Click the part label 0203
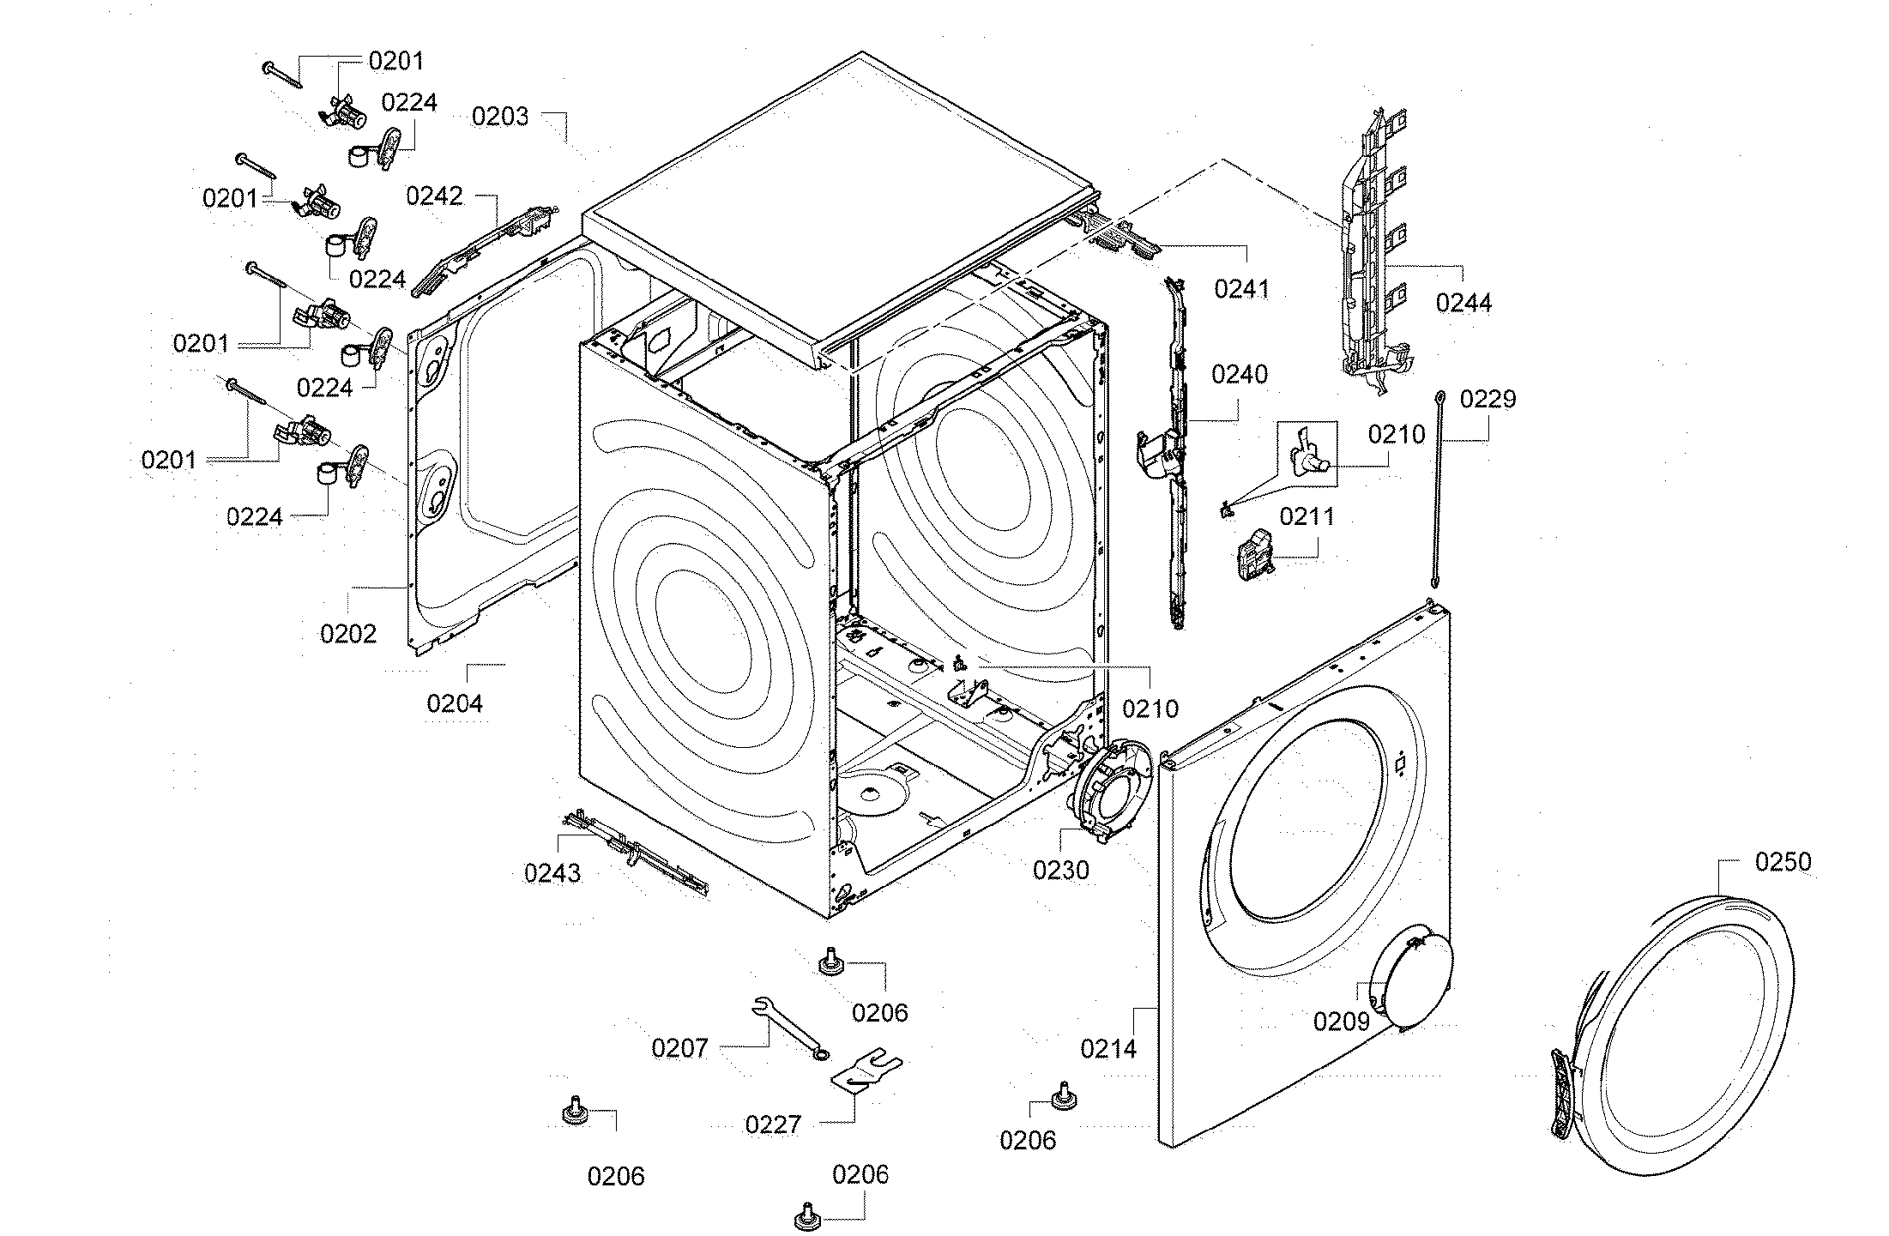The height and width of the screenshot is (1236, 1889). tap(500, 117)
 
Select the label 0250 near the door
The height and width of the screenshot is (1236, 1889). tap(1783, 862)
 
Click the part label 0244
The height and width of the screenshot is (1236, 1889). tap(1464, 303)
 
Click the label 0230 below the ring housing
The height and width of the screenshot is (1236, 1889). tap(1060, 871)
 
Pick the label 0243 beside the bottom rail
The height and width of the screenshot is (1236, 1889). tap(552, 874)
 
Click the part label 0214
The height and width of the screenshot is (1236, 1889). tap(1108, 1048)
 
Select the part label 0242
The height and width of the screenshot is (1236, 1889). tap(434, 196)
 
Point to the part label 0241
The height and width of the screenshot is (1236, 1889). tap(1241, 289)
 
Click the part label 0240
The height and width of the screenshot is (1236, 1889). tap(1239, 374)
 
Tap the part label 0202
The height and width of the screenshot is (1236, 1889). tap(347, 635)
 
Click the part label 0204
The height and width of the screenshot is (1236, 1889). tap(455, 704)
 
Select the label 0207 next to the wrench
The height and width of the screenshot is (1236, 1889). tap(679, 1048)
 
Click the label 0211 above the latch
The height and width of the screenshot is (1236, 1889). tap(1307, 517)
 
